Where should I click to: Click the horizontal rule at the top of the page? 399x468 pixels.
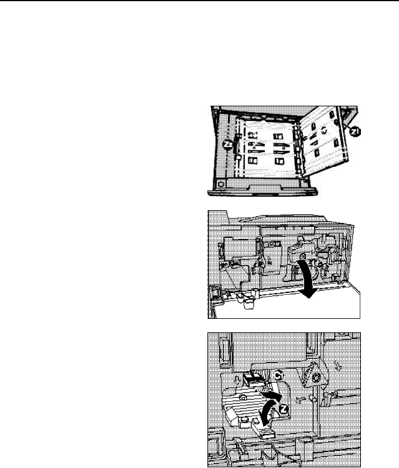point(199,1)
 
